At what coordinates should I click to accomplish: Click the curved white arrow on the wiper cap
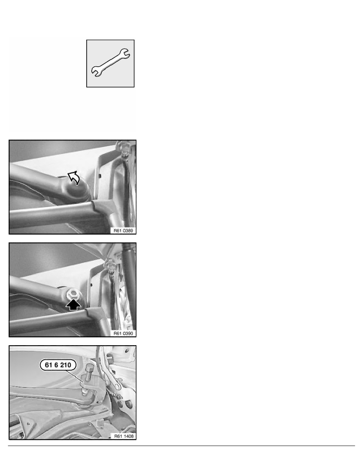(x=75, y=179)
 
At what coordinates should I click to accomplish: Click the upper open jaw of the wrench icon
(x=126, y=52)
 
